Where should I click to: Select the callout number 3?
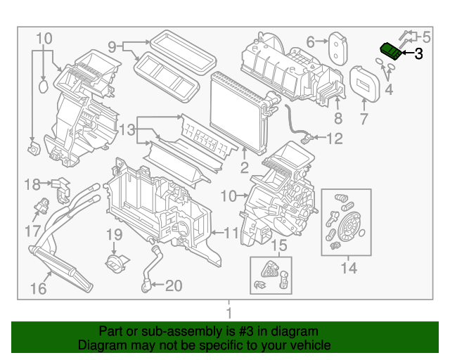pyautogui.click(x=418, y=53)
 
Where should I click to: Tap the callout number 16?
pyautogui.click(x=38, y=289)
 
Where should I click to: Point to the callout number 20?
pyautogui.click(x=173, y=285)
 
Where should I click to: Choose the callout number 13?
pyautogui.click(x=126, y=129)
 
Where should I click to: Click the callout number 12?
pyautogui.click(x=334, y=139)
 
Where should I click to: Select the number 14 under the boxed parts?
pyautogui.click(x=349, y=268)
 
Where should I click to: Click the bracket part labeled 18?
pyautogui.click(x=61, y=186)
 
